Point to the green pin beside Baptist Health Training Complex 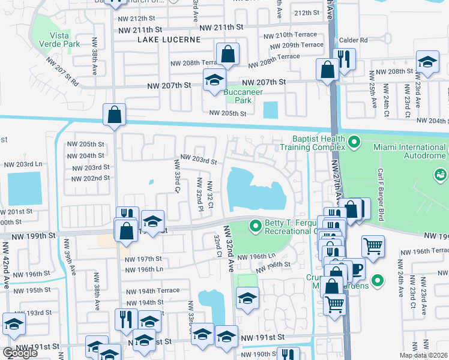point(354,143)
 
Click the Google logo point(20,353)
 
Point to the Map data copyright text point(423,355)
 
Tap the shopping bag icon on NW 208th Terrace point(228,55)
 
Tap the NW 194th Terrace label point(152,290)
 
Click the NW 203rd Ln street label point(23,164)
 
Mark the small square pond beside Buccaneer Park point(271,110)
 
